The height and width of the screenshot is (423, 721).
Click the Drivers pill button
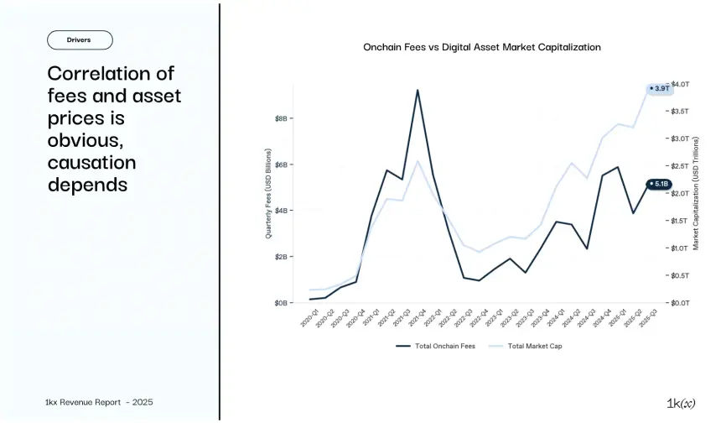coord(79,39)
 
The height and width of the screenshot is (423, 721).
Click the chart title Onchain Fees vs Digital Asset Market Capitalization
coord(481,48)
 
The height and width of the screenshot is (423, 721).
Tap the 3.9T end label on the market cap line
coord(661,88)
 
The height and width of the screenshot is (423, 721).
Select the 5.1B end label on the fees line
coord(660,183)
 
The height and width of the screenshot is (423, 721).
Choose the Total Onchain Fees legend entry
coord(436,346)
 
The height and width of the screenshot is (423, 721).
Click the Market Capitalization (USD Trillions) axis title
coord(696,193)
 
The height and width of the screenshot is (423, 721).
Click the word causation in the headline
coord(91,162)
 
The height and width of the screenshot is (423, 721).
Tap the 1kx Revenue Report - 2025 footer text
coord(100,403)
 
